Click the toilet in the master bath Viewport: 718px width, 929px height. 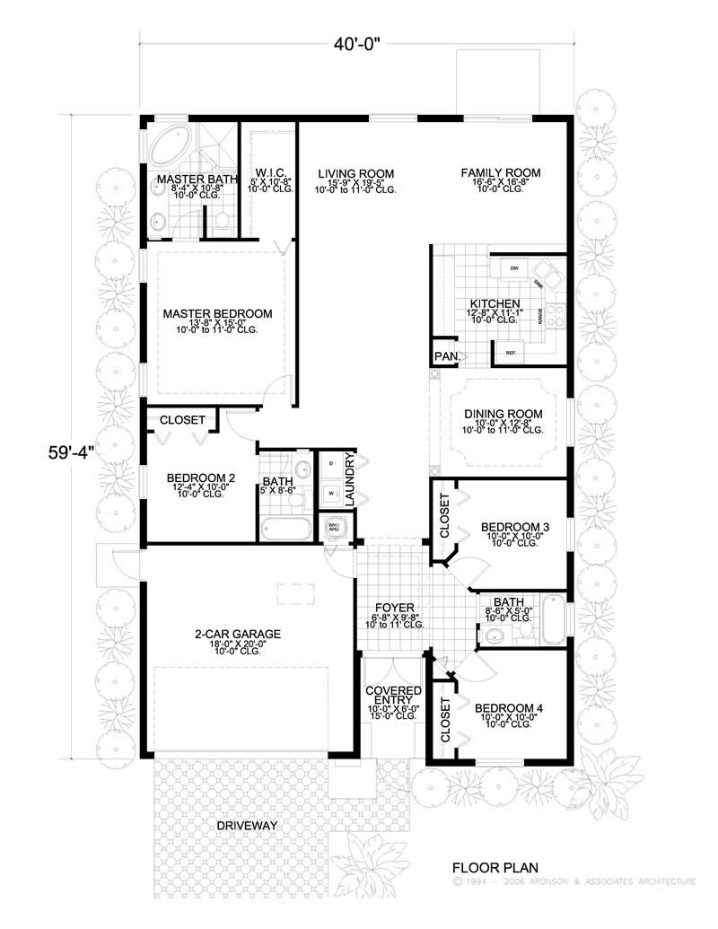222,218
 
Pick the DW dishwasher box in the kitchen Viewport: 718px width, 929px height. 514,269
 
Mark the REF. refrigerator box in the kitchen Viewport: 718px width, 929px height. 512,353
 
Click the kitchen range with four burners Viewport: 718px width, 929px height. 555,314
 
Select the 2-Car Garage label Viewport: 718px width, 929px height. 238,634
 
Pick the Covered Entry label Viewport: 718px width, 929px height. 393,696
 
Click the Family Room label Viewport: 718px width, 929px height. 501,172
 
